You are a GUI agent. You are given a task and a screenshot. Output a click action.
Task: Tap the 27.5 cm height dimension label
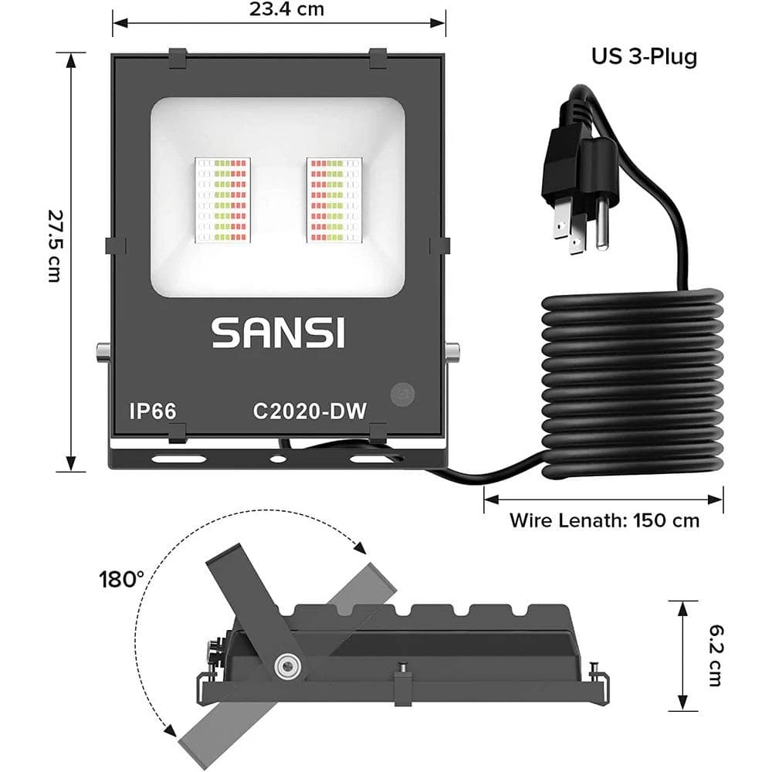(53, 245)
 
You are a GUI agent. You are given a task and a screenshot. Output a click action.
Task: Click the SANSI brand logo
(279, 333)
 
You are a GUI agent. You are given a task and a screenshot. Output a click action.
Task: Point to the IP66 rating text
(152, 411)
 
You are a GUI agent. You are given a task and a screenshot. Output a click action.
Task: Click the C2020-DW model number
(309, 411)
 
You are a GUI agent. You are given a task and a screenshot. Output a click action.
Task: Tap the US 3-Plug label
(644, 57)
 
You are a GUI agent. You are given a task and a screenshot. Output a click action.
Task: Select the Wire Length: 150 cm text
(604, 520)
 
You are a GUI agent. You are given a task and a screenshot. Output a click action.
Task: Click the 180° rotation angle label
(121, 579)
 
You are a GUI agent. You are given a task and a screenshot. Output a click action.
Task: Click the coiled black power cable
(633, 382)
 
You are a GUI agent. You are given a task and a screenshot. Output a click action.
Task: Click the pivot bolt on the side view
(288, 665)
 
